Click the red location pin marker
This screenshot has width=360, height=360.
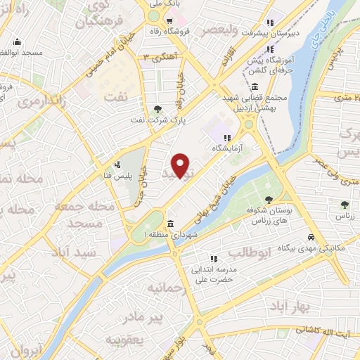coord(181,166)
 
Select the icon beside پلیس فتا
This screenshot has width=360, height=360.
coord(117,165)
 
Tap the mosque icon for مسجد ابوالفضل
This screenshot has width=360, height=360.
coord(16,41)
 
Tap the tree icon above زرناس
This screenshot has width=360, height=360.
coord(345,205)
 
